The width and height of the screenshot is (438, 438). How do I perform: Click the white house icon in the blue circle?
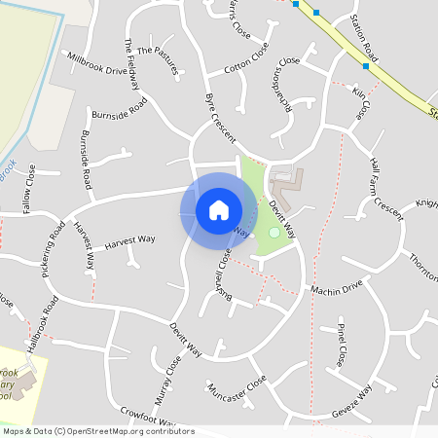[x=219, y=210]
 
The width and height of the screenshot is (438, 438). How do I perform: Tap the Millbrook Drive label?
[x=95, y=64]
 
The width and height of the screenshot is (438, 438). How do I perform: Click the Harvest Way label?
[x=129, y=239]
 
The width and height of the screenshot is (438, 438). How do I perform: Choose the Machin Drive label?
[x=336, y=288]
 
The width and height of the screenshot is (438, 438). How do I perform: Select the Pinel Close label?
[x=341, y=342]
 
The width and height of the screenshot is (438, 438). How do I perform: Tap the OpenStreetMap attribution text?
[x=97, y=431]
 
